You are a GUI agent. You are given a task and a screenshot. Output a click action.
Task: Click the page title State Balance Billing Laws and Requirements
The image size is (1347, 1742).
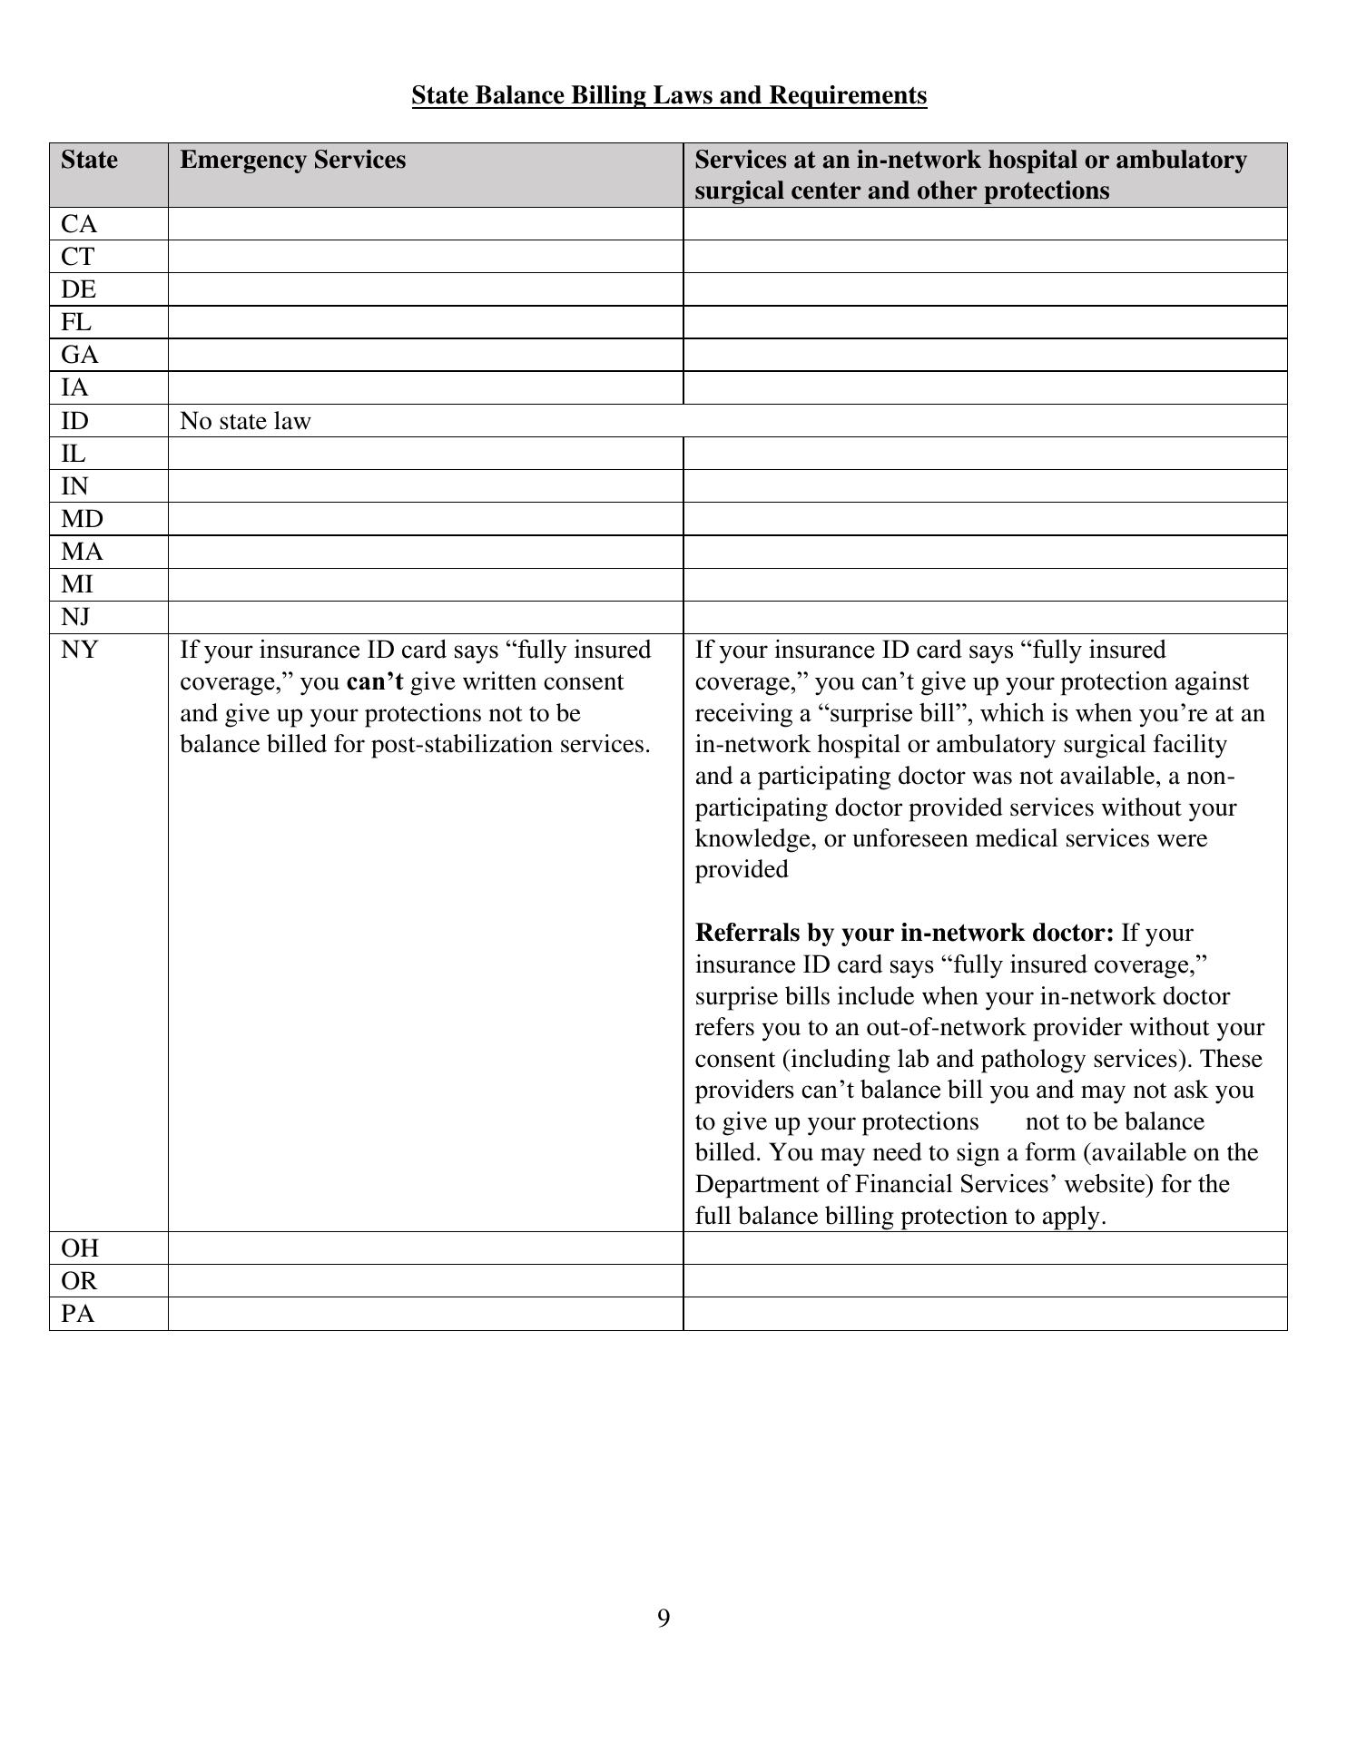(669, 95)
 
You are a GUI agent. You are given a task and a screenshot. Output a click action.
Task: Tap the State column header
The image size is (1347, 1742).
(89, 160)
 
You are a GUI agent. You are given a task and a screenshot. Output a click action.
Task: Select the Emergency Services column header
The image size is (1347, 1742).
(292, 160)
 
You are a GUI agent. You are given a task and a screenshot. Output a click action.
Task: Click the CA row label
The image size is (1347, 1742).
(79, 224)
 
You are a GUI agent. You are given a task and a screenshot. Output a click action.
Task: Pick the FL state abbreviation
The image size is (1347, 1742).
(76, 322)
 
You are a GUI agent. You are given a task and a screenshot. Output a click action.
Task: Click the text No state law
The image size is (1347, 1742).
(245, 421)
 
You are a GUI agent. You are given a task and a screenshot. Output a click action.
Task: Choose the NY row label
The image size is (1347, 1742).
(80, 650)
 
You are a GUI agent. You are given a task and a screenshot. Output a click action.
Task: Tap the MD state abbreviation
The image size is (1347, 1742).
(82, 519)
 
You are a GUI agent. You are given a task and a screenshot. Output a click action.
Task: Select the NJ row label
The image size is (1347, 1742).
(76, 617)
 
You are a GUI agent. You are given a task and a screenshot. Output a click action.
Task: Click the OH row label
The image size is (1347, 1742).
(80, 1248)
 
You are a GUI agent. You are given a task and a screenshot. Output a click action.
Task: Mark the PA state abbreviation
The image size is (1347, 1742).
(78, 1314)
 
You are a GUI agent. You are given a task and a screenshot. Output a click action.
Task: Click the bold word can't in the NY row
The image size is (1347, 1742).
(374, 682)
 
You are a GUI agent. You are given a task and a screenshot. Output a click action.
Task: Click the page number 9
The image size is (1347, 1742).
(664, 1619)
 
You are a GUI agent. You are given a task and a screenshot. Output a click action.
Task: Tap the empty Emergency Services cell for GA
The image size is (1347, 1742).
(425, 355)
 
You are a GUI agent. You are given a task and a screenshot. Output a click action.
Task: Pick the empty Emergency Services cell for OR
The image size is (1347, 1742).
(425, 1281)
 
